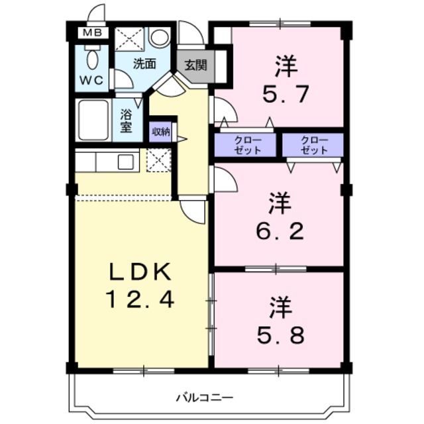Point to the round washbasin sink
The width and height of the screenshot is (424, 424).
tap(159, 38)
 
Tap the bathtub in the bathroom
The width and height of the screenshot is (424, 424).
tap(93, 120)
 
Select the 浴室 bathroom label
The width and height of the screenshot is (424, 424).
tap(127, 120)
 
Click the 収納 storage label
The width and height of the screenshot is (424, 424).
tap(160, 131)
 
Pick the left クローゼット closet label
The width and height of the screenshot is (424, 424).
tap(246, 145)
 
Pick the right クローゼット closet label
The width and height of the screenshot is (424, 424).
tap(313, 145)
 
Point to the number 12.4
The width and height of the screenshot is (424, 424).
tap(140, 300)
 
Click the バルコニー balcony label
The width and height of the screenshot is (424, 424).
tap(204, 397)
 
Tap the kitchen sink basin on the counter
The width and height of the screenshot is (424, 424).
tap(126, 160)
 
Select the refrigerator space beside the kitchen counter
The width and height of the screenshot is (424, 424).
tap(158, 161)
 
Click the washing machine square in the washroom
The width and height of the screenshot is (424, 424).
tap(129, 38)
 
